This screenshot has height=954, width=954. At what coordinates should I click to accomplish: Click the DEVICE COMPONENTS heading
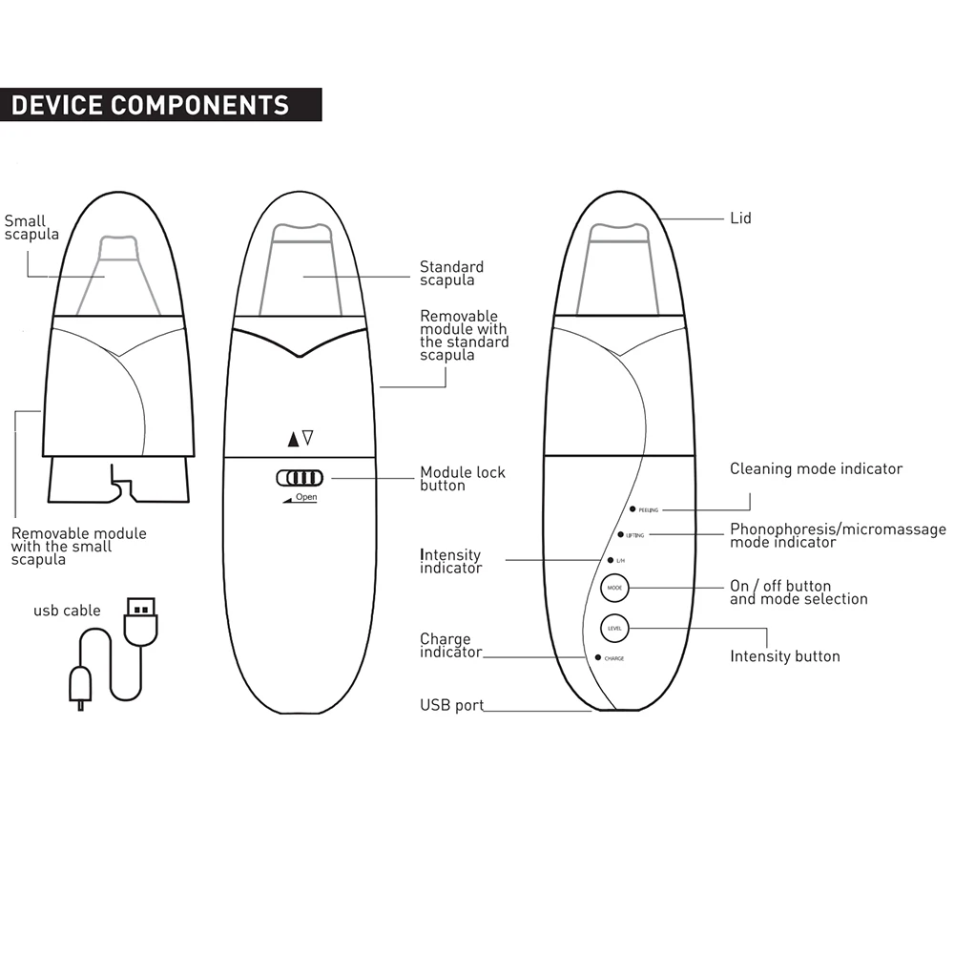[150, 104]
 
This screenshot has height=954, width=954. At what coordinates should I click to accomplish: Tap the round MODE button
[613, 589]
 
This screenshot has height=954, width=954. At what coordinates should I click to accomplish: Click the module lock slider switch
[300, 478]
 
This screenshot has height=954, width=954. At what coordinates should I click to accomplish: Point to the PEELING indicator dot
[632, 509]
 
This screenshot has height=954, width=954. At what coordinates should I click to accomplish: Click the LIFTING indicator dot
[620, 535]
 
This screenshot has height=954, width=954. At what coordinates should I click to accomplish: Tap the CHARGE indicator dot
[597, 657]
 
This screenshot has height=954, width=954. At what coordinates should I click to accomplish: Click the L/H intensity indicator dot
[609, 560]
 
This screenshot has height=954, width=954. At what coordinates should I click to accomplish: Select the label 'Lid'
[740, 218]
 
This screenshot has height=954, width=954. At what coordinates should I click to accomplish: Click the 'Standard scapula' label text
[451, 274]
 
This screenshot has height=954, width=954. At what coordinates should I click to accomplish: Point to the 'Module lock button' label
[463, 479]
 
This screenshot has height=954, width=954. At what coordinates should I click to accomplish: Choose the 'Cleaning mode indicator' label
[816, 468]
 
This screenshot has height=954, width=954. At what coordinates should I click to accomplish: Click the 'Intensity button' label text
[784, 656]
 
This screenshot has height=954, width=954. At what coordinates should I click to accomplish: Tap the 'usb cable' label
[67, 611]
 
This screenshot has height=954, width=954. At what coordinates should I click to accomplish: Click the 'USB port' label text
[451, 706]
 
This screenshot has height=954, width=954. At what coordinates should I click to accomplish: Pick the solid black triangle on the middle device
[292, 439]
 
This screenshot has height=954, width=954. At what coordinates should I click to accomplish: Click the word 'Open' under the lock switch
[305, 497]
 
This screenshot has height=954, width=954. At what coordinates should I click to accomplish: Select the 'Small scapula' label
[31, 227]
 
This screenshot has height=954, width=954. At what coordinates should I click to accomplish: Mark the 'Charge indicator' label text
[449, 646]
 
